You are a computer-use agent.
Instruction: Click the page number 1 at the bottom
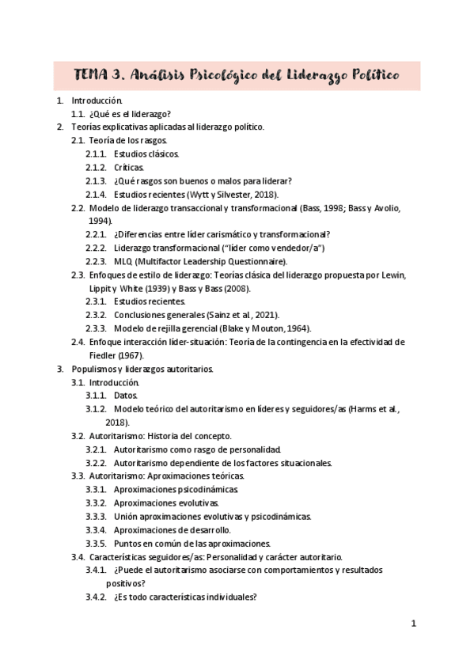pyautogui.click(x=414, y=624)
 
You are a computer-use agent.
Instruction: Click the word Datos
pyautogui.click(x=125, y=396)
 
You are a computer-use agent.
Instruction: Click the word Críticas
pyautogui.click(x=128, y=167)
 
